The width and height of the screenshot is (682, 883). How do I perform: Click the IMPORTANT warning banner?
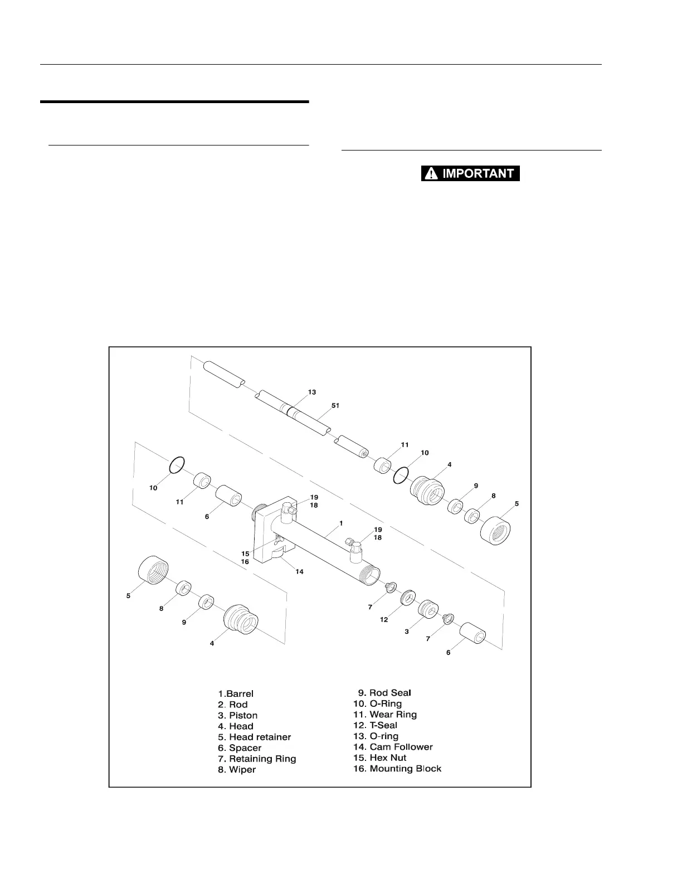pos(470,173)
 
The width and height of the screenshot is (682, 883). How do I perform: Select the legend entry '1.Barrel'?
pos(236,694)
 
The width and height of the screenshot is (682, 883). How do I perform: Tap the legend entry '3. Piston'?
pos(238,715)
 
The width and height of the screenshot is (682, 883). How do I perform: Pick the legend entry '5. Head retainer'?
pos(255,737)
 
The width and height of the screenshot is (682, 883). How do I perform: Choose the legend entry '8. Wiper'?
pos(237,770)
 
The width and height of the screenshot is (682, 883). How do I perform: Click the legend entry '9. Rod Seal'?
pos(384,693)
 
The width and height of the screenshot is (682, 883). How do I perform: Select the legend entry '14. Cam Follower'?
pos(393,747)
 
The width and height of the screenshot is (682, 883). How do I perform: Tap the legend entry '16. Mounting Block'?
pos(397,769)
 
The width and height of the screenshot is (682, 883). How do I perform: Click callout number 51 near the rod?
pos(335,406)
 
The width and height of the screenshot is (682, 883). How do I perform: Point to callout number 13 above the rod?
pos(312,392)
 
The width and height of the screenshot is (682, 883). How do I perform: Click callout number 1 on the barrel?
pos(340,523)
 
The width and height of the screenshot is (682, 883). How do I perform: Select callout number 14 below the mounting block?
pos(299,571)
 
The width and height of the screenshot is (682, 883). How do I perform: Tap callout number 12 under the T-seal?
pos(384,620)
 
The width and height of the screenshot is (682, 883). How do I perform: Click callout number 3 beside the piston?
pos(407,632)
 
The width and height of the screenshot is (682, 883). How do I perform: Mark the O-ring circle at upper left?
pos(177,465)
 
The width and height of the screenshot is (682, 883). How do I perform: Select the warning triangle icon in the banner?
pos(430,173)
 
